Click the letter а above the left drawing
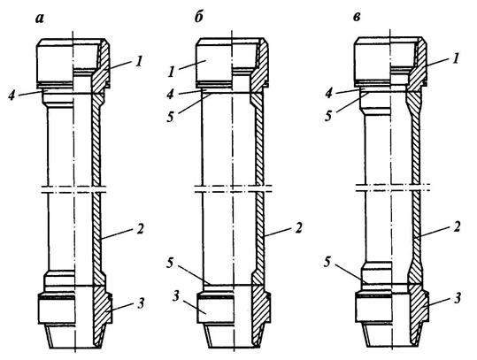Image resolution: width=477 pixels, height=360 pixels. click(40, 19)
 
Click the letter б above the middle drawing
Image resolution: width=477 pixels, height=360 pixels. click(198, 18)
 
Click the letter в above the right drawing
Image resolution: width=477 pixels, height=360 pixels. click(357, 18)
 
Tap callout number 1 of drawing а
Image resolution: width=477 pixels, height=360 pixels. click(138, 62)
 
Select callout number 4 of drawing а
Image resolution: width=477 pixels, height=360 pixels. click(12, 96)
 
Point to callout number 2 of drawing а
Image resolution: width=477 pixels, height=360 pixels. click(139, 229)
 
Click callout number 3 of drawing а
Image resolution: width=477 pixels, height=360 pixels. click(140, 303)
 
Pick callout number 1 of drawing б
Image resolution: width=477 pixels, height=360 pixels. click(172, 71)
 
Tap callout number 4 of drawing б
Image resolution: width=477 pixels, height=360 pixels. click(171, 94)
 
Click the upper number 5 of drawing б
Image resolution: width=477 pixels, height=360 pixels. click(170, 117)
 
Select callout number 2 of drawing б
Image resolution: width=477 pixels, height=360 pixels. click(298, 227)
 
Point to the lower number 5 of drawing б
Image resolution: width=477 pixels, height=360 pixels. click(170, 264)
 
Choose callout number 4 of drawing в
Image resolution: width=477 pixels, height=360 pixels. click(329, 93)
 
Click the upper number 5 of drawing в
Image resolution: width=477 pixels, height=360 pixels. click(328, 116)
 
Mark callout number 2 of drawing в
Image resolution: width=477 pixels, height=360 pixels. click(456, 227)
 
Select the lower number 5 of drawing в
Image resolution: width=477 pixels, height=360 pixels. click(327, 263)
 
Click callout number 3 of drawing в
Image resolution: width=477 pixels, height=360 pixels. click(458, 298)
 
